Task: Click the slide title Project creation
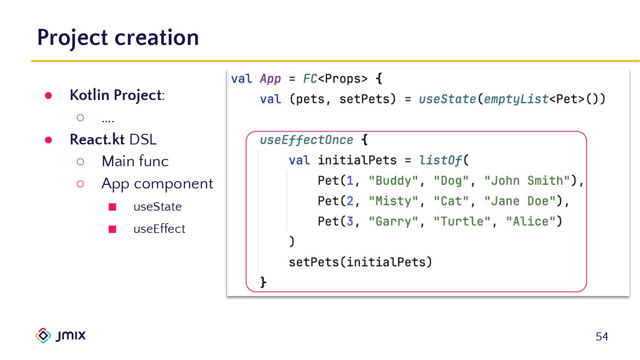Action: (x=118, y=37)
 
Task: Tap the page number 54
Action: (x=602, y=336)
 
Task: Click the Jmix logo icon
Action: (x=43, y=336)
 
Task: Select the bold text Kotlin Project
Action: (x=115, y=95)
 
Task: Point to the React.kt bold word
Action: (x=97, y=140)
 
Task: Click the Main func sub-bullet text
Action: (x=135, y=161)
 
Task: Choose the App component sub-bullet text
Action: (x=157, y=184)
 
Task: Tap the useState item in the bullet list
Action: (x=157, y=207)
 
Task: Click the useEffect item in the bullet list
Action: (x=159, y=229)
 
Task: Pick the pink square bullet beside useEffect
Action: (x=112, y=229)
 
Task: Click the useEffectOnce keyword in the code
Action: (x=307, y=140)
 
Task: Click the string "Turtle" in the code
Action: (x=462, y=221)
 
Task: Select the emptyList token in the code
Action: (x=516, y=99)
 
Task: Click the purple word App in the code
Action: (x=270, y=79)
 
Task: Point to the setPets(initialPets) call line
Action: (x=360, y=262)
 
